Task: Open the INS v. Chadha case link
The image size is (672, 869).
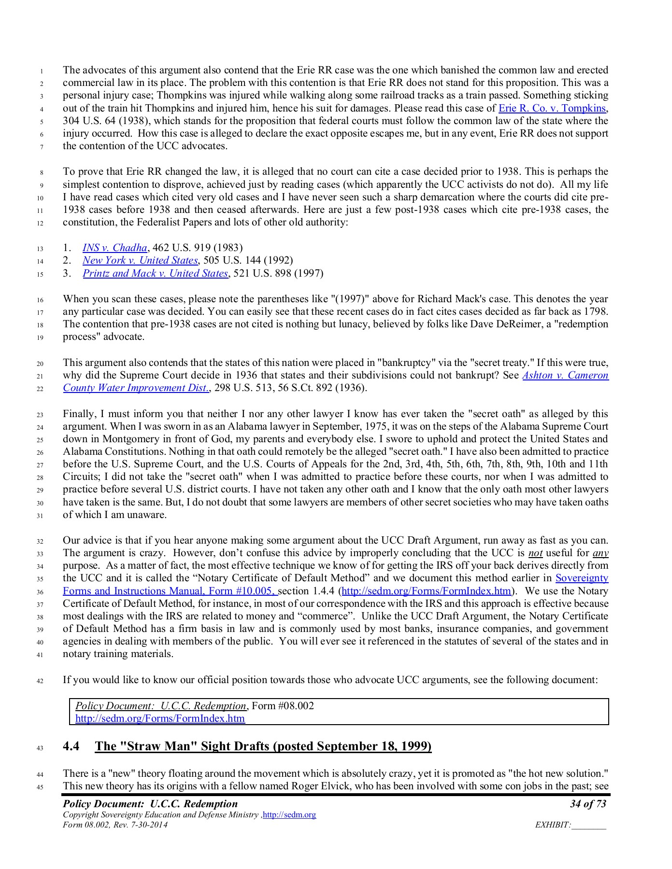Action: click(x=114, y=248)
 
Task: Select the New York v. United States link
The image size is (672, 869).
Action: click(x=140, y=261)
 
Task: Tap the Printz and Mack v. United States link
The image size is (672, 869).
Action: click(x=155, y=274)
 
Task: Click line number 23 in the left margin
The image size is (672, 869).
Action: click(x=40, y=415)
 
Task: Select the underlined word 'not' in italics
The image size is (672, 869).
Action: click(x=535, y=553)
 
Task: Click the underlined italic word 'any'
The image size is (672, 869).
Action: click(x=600, y=553)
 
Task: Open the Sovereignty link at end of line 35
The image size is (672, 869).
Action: click(x=582, y=578)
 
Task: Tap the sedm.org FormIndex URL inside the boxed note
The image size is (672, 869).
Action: click(x=160, y=719)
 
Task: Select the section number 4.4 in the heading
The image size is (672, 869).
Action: click(x=71, y=747)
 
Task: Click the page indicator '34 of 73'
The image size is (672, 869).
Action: click(x=587, y=804)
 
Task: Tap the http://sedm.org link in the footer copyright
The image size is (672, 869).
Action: click(x=289, y=815)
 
